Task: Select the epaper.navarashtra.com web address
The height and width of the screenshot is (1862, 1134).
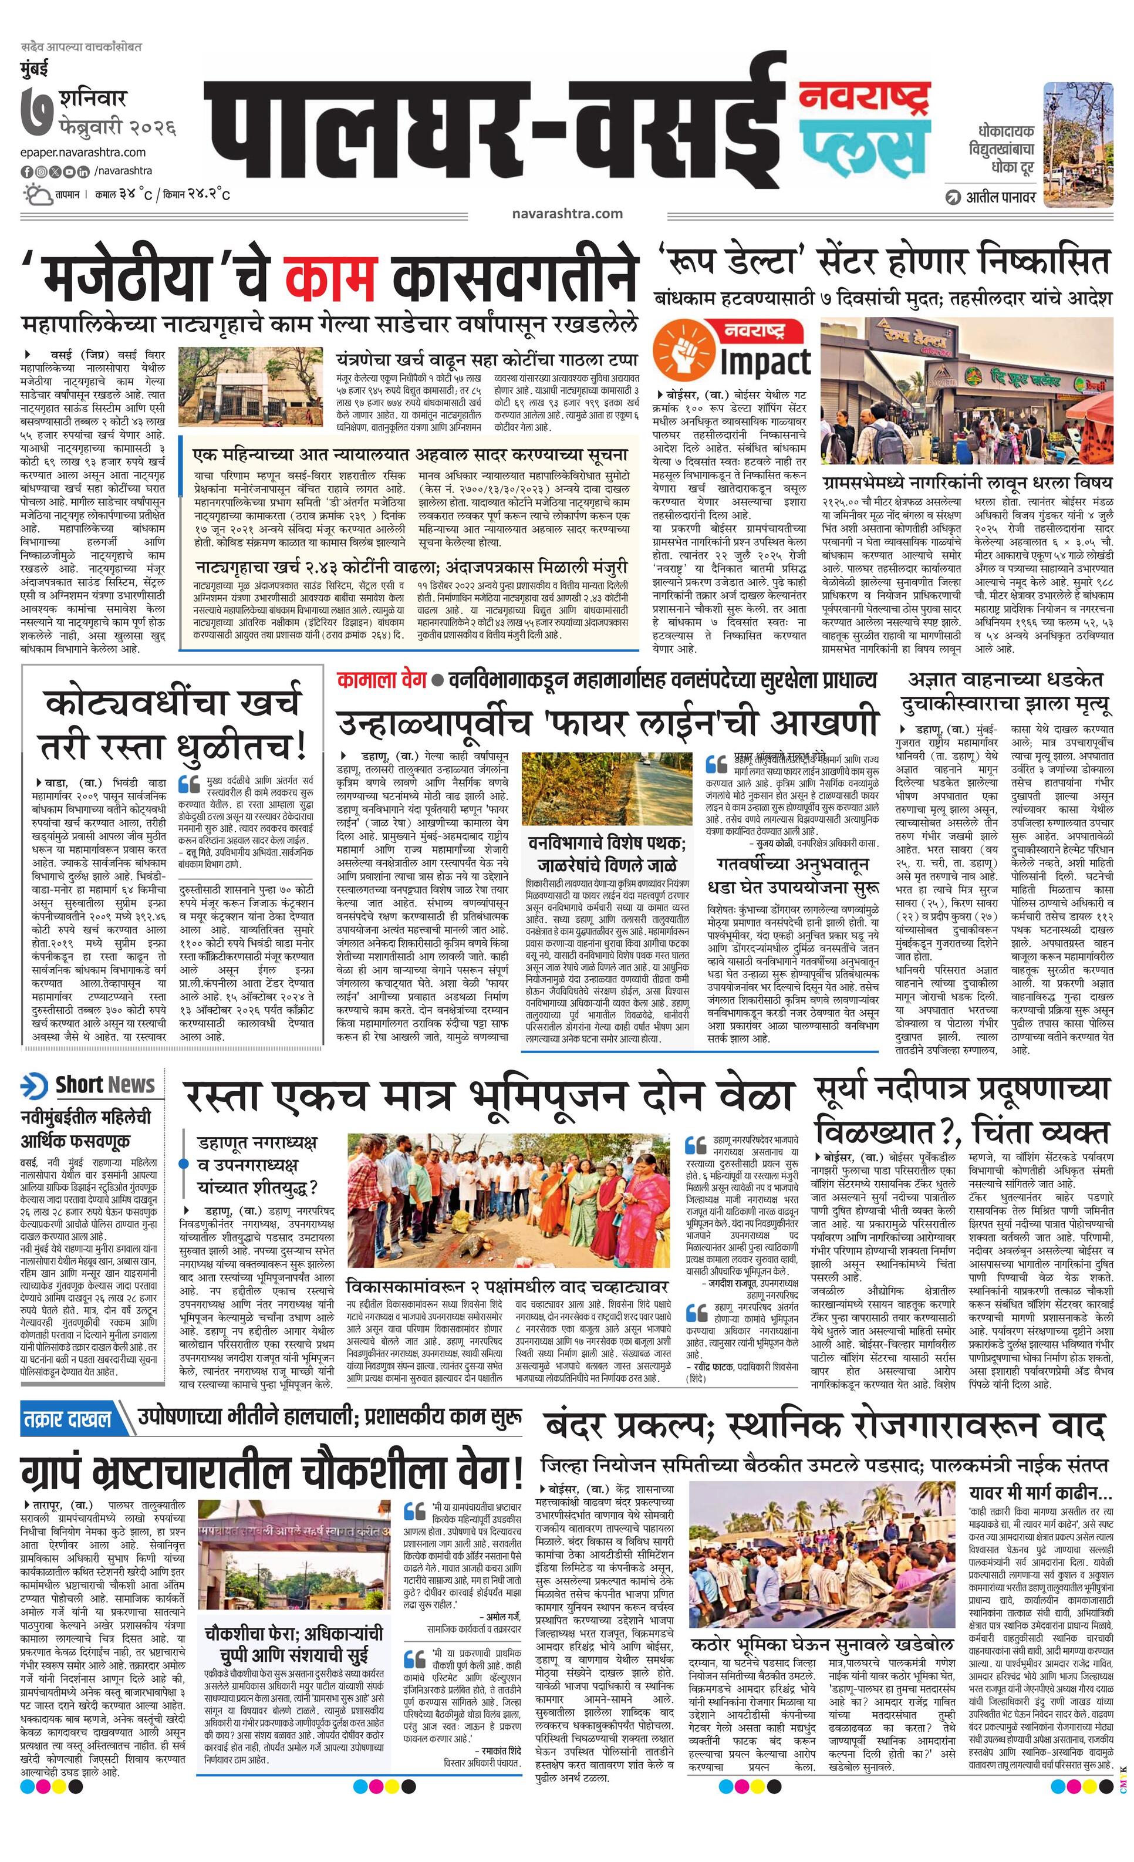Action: (83, 153)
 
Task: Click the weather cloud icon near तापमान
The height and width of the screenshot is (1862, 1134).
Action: (36, 195)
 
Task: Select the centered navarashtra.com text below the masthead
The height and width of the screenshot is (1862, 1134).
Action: (566, 214)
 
